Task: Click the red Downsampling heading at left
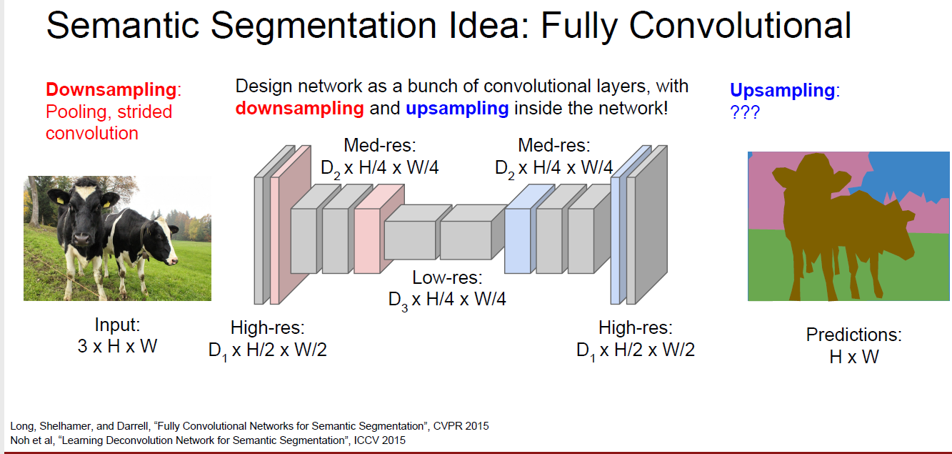(111, 90)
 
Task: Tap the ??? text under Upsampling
(744, 112)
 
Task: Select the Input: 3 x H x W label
(117, 335)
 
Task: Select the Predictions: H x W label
(853, 345)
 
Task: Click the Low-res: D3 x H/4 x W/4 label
(447, 288)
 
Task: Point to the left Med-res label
(379, 157)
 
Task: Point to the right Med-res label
(553, 157)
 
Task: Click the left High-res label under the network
(267, 339)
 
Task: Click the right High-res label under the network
(635, 339)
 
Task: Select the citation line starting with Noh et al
(207, 440)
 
